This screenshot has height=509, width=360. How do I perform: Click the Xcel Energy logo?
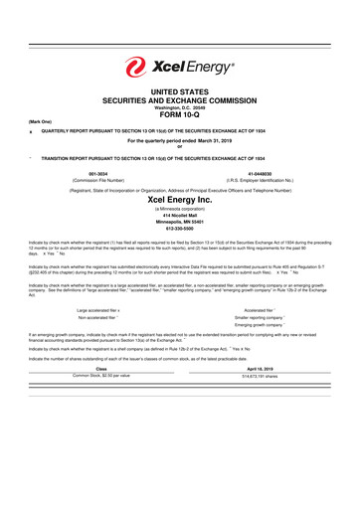[x=179, y=69]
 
